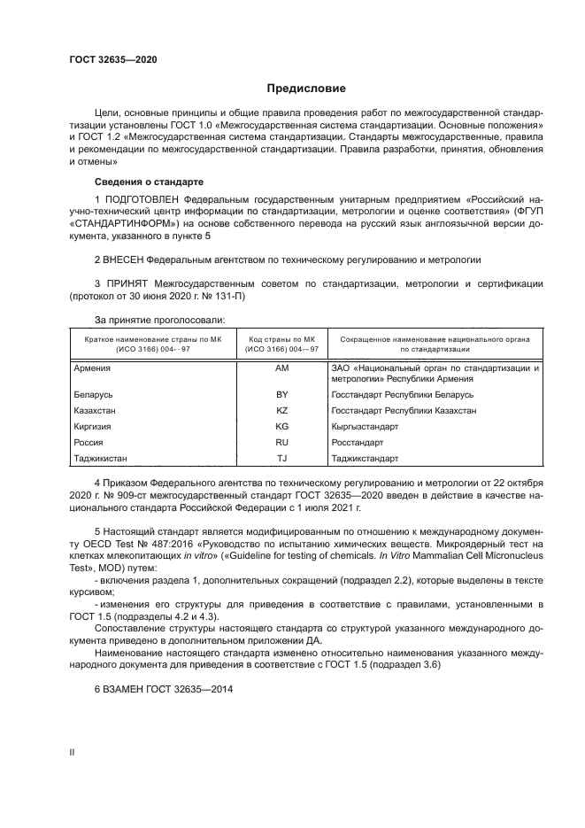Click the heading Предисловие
307,89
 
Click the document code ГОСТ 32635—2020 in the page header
113,59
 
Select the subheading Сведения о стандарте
143,182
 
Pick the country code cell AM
282,367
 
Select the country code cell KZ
282,410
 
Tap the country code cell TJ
282,458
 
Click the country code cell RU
282,442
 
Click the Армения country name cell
92,367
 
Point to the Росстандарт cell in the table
357,442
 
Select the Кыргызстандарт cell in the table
364,426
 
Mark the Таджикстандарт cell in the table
365,458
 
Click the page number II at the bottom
73,752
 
